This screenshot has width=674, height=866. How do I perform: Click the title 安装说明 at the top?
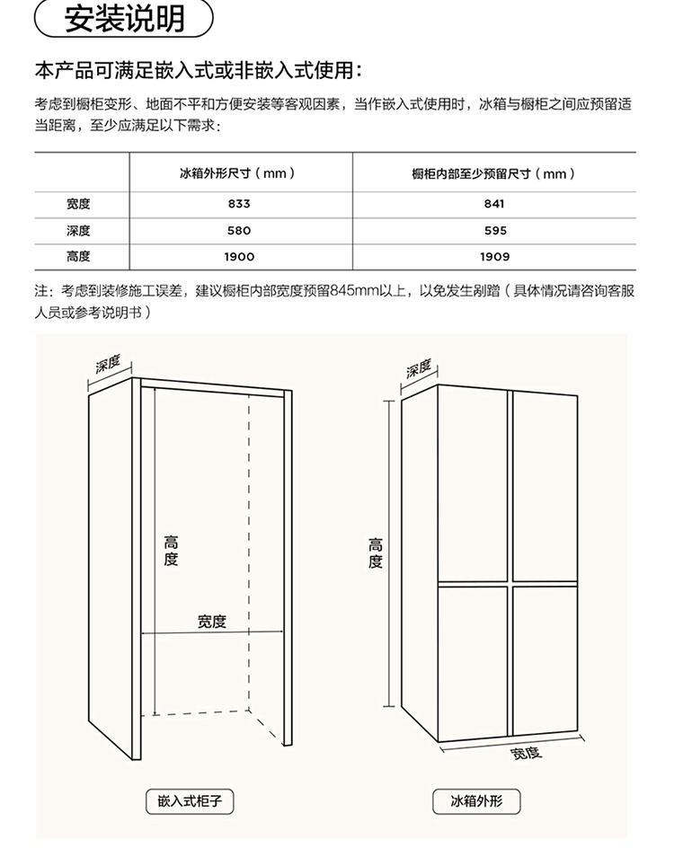[x=124, y=18]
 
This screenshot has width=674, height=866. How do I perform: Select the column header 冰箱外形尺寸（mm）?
[x=238, y=173]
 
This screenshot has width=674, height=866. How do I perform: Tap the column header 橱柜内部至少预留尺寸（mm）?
[x=494, y=173]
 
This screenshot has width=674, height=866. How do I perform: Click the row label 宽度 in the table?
[x=78, y=204]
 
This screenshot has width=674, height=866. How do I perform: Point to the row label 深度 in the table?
[x=78, y=231]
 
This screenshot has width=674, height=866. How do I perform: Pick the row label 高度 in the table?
[x=78, y=256]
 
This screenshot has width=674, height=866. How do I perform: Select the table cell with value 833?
[x=239, y=204]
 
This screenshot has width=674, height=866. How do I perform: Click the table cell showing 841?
[x=494, y=204]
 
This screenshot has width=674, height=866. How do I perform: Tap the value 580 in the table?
[x=239, y=231]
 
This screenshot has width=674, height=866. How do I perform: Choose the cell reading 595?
[x=494, y=231]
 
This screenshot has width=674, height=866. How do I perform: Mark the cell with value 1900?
[x=239, y=256]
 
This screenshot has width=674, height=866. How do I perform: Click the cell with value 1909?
[x=494, y=256]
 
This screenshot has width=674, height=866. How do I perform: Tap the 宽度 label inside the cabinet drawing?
[x=212, y=621]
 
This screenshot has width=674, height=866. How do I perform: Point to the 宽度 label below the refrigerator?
[x=526, y=753]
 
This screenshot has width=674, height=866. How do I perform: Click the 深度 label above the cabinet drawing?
[x=109, y=364]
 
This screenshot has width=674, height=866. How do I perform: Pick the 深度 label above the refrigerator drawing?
[x=419, y=368]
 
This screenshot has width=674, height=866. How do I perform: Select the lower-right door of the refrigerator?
[x=545, y=660]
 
